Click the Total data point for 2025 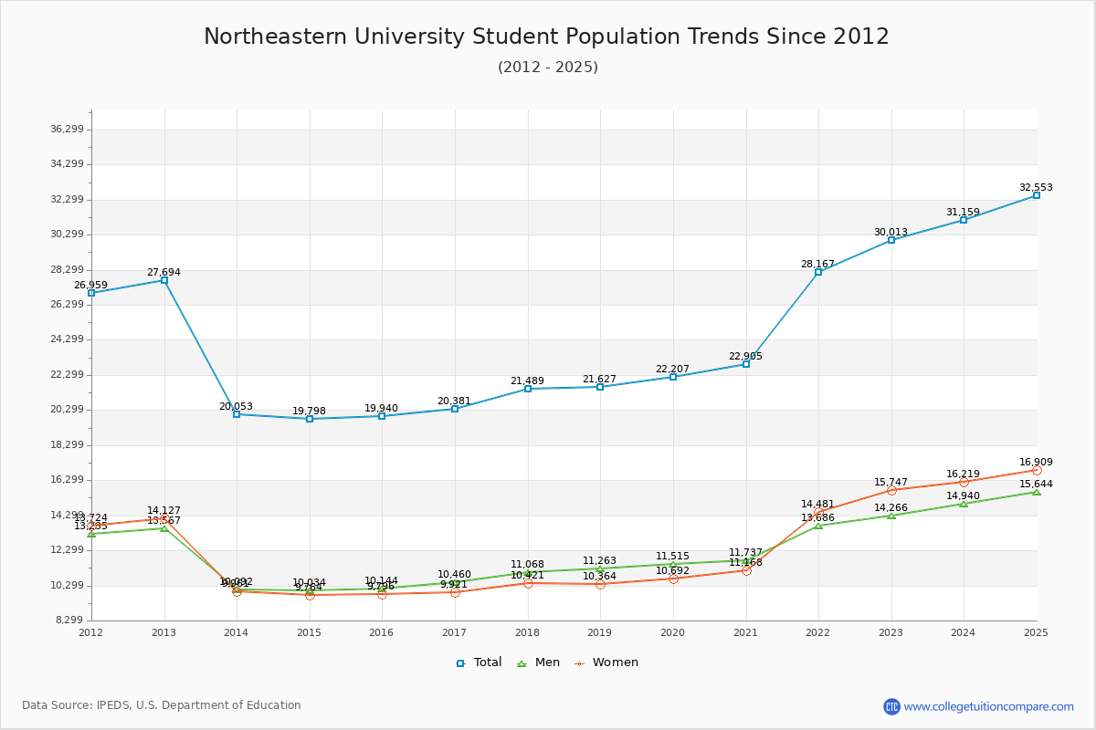click(1037, 195)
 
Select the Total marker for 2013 click(164, 280)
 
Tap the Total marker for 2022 click(818, 272)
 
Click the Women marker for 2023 click(891, 490)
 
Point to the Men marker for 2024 click(964, 504)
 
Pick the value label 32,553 click(1036, 188)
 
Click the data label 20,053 click(236, 407)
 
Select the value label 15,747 click(890, 483)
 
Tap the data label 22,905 click(745, 357)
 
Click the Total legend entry click(479, 662)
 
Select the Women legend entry click(606, 662)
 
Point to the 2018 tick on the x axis click(527, 632)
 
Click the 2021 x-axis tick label click(745, 632)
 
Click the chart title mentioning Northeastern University click(546, 36)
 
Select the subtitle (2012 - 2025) click(548, 68)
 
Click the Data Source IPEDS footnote click(162, 705)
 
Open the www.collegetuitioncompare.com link click(988, 706)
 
